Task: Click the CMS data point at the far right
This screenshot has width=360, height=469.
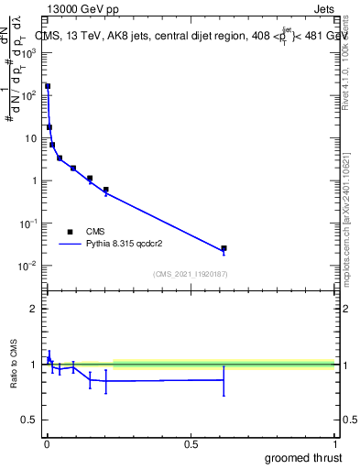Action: pos(224,248)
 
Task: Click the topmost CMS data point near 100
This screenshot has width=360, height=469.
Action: pos(48,86)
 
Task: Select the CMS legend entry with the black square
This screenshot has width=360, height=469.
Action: pos(70,232)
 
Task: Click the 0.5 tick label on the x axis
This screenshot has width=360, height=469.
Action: pos(191,444)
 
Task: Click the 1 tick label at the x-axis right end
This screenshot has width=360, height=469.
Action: pos(334,444)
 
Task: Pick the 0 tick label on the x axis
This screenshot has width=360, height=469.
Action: pos(47,444)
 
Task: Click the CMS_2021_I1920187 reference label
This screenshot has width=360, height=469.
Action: pos(190,274)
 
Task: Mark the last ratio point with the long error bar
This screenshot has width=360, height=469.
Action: pos(224,379)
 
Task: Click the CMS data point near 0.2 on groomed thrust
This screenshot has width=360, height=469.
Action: pos(106,190)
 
